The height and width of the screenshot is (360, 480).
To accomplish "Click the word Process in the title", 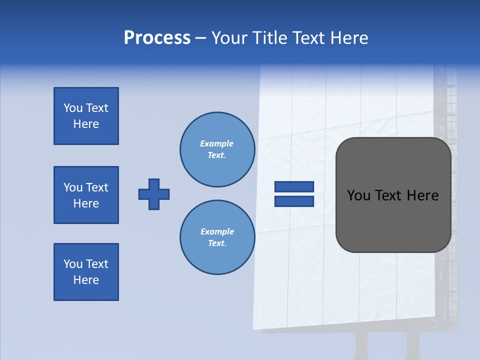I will (x=157, y=38).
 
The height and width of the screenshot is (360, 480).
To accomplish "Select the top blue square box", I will (x=86, y=116).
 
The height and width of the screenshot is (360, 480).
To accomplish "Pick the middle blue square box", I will (x=86, y=195).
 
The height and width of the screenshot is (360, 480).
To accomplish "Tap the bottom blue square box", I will (x=86, y=272).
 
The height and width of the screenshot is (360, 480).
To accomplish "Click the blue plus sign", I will (x=154, y=194).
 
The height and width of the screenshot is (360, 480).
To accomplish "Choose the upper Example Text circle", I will (x=217, y=149).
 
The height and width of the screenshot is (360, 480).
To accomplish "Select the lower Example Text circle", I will (x=217, y=237).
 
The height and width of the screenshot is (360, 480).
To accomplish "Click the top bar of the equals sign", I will (x=294, y=187).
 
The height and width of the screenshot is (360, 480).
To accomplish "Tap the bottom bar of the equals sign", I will (x=294, y=201).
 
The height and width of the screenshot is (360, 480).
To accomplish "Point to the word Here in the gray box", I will (x=422, y=195).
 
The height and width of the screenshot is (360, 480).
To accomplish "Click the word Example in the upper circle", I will (x=216, y=143).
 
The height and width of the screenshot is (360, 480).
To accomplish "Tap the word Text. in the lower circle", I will (x=217, y=243).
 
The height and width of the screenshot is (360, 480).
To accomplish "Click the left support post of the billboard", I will (x=361, y=345).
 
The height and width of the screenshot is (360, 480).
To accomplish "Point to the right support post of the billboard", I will (x=412, y=345).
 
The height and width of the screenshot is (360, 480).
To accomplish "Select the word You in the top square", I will (x=72, y=108).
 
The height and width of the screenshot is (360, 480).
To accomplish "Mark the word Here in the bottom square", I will (x=86, y=280).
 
